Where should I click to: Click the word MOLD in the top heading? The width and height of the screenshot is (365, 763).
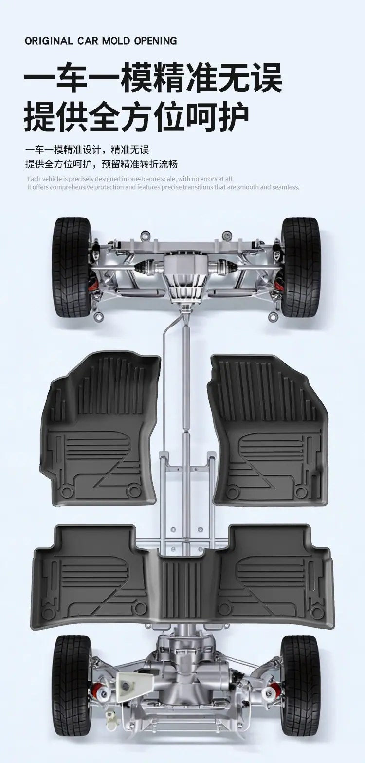[x=116, y=41]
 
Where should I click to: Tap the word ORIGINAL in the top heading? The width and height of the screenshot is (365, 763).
[x=49, y=41]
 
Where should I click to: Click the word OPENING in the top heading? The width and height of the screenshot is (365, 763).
[x=155, y=41]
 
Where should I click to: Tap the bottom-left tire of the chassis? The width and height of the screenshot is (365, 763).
[x=73, y=687]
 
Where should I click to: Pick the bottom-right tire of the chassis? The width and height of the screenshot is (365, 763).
[x=299, y=687]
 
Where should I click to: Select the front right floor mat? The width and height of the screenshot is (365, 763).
[x=268, y=430]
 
